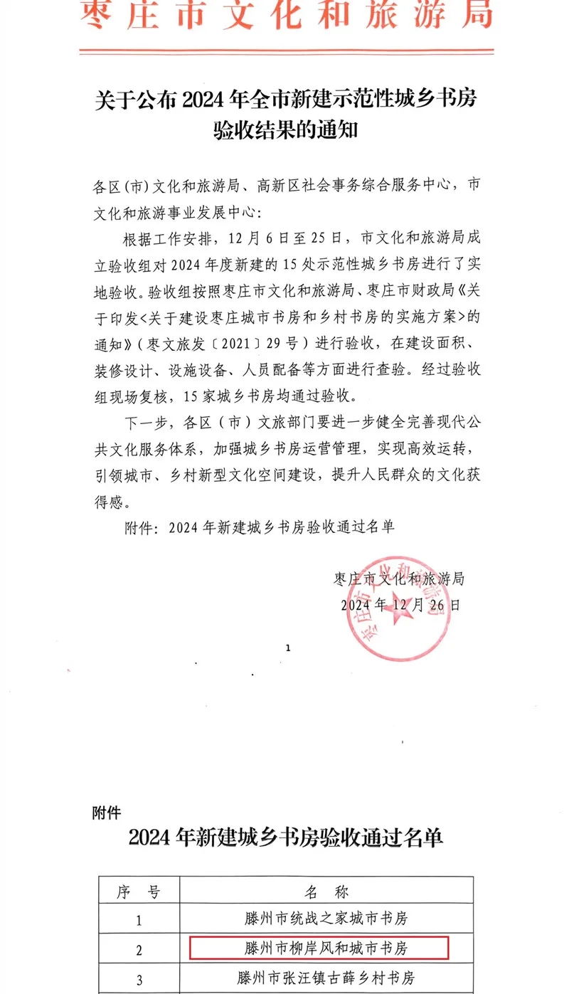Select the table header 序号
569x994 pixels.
point(139,892)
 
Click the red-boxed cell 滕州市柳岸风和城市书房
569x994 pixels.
point(319,948)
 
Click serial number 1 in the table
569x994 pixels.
point(139,919)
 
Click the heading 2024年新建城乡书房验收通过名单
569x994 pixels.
point(285,838)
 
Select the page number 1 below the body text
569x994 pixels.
point(288,648)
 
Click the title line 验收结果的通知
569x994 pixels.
point(284,131)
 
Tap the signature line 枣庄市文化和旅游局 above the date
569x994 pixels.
point(399,578)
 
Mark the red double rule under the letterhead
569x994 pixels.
point(284,51)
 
